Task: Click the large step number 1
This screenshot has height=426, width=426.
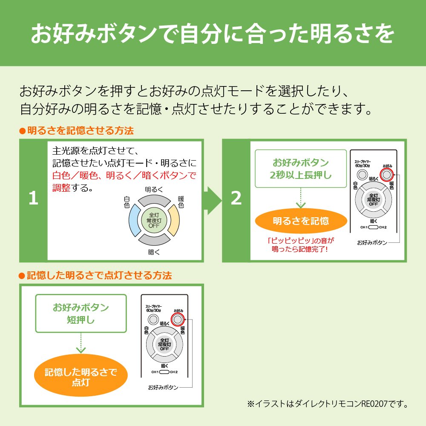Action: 33,199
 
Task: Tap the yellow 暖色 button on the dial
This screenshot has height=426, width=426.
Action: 174,221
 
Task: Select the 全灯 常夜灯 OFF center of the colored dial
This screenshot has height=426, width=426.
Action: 154,220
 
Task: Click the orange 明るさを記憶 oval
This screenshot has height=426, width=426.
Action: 301,221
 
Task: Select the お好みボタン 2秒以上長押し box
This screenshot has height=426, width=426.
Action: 301,169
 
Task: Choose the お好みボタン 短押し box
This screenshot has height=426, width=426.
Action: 81,313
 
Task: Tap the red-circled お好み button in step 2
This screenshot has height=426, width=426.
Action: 386,174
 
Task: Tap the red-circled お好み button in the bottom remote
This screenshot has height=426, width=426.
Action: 178,319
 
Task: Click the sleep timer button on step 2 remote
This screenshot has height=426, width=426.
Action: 362,174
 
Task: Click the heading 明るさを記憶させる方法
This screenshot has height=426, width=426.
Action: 77,130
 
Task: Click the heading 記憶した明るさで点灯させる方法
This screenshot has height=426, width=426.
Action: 96,275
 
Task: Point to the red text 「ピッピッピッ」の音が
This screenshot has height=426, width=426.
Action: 300,240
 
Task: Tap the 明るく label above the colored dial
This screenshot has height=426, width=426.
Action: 154,189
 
